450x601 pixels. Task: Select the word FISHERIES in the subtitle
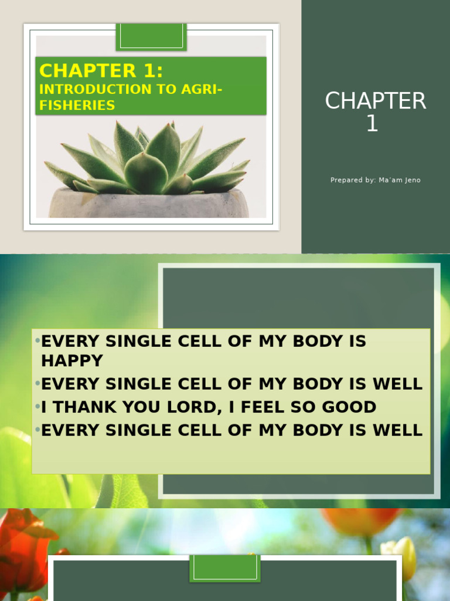(x=77, y=106)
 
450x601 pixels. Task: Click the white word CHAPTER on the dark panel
(x=376, y=102)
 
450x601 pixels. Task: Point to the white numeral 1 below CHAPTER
(x=372, y=124)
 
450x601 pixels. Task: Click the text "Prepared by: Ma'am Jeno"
(x=376, y=180)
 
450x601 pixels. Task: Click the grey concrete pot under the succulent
(x=149, y=205)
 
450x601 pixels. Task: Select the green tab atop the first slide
(x=151, y=36)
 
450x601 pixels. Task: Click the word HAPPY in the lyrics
(x=72, y=361)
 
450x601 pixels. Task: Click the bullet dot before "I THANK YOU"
(x=37, y=407)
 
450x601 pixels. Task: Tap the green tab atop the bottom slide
(x=225, y=568)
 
